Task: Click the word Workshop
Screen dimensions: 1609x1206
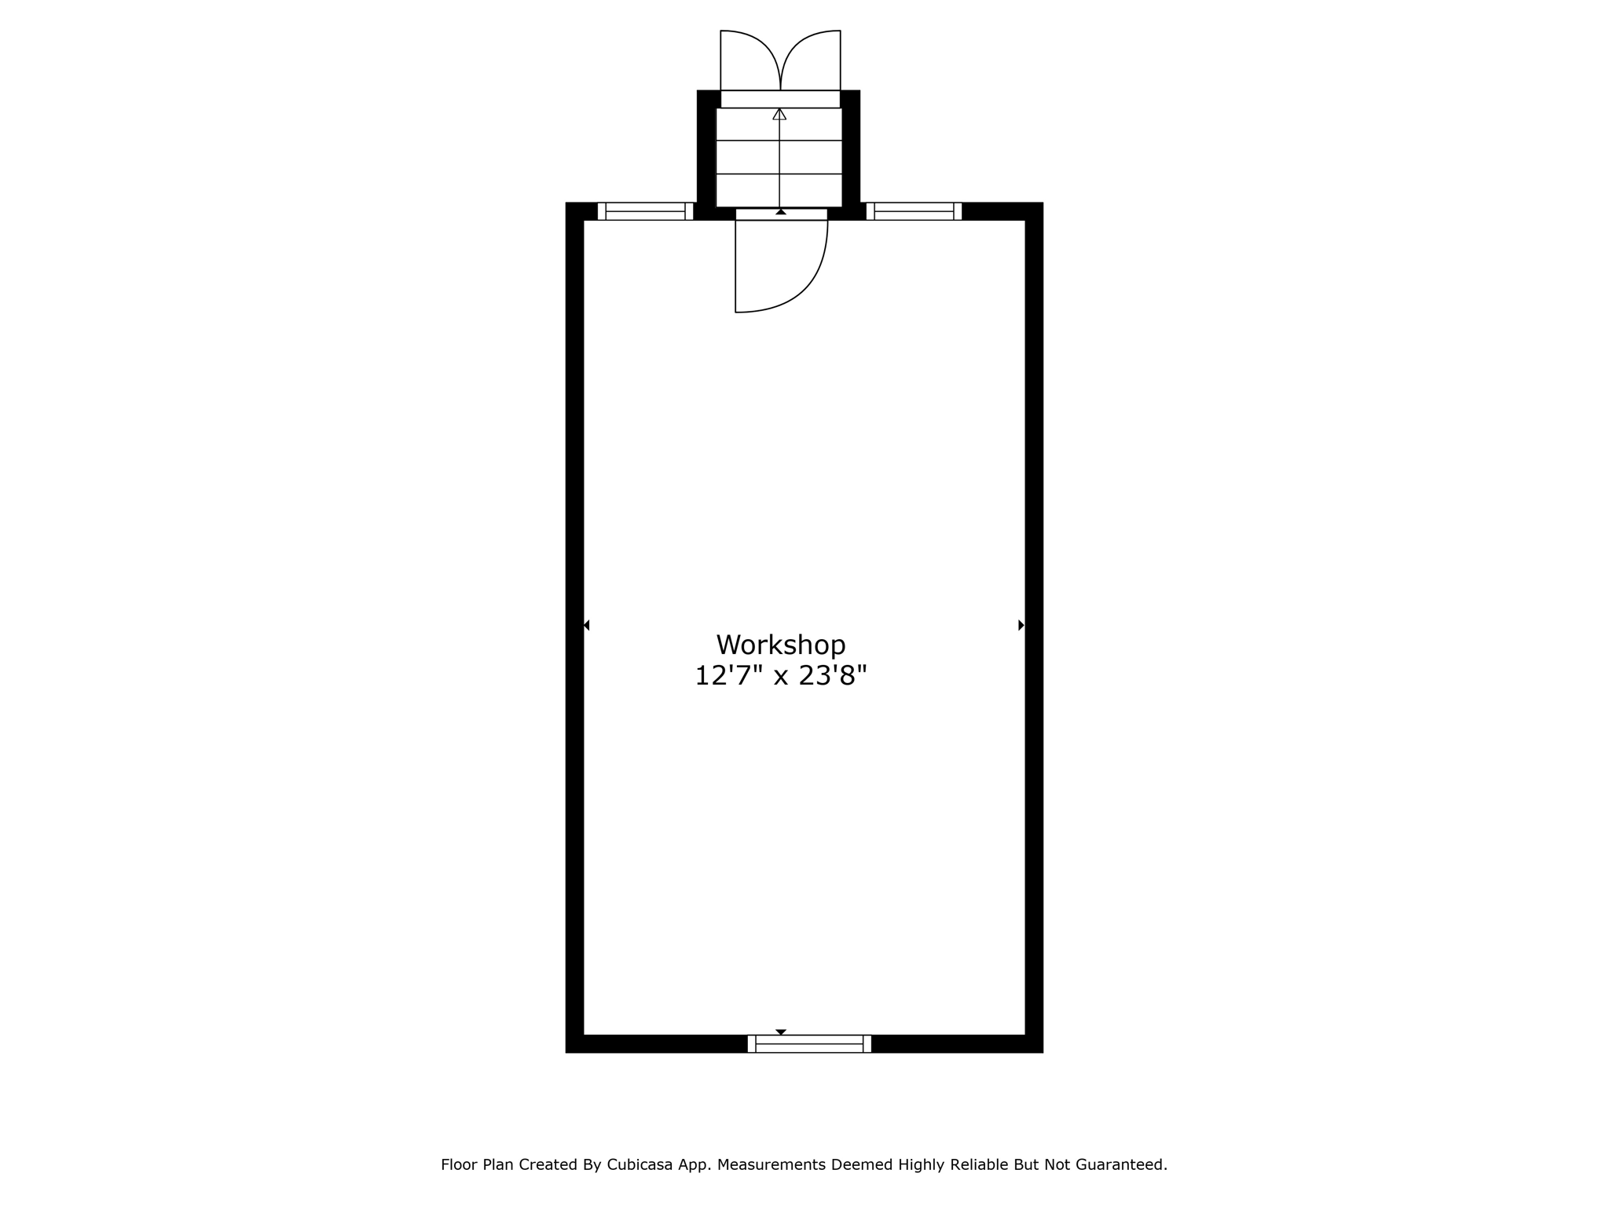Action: [x=781, y=645]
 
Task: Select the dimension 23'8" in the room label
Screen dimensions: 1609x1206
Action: [x=833, y=675]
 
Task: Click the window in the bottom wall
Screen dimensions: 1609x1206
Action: [x=809, y=1043]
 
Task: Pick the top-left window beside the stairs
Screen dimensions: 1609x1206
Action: [x=646, y=211]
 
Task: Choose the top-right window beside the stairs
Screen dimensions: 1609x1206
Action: [x=914, y=211]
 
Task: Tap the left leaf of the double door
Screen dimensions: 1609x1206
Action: [x=750, y=60]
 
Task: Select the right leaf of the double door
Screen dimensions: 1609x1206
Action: [x=811, y=60]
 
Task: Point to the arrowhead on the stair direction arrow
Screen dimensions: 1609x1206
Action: [x=779, y=115]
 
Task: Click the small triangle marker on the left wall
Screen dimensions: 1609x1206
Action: [x=587, y=625]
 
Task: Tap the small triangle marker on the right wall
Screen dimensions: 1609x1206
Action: [x=1021, y=625]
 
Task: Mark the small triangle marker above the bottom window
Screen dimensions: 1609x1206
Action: [x=781, y=1032]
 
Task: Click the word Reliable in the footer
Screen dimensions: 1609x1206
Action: [x=979, y=1164]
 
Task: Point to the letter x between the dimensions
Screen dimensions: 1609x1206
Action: [x=781, y=678]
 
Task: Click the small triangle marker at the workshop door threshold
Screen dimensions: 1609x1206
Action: [x=781, y=211]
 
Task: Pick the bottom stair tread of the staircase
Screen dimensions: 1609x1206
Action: [x=779, y=191]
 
